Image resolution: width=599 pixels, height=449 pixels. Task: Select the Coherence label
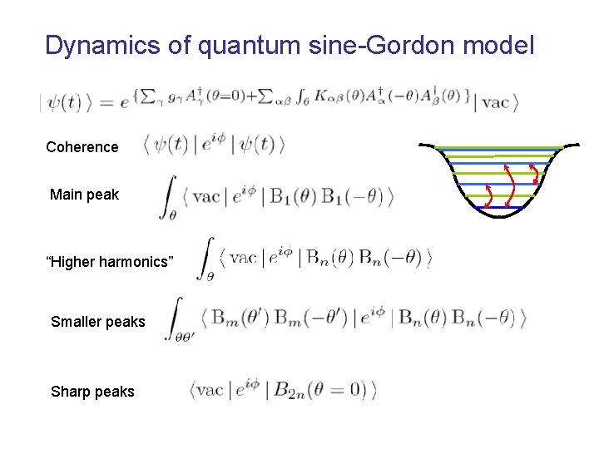[82, 147]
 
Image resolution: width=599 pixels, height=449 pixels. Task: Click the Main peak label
[84, 195]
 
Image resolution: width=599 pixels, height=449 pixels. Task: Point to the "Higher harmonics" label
[110, 263]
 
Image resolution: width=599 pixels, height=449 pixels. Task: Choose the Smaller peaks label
[97, 322]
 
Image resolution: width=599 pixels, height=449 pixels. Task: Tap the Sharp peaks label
[92, 392]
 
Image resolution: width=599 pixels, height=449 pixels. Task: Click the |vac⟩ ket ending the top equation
[498, 103]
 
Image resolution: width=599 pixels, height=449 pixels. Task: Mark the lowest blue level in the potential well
[498, 207]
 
